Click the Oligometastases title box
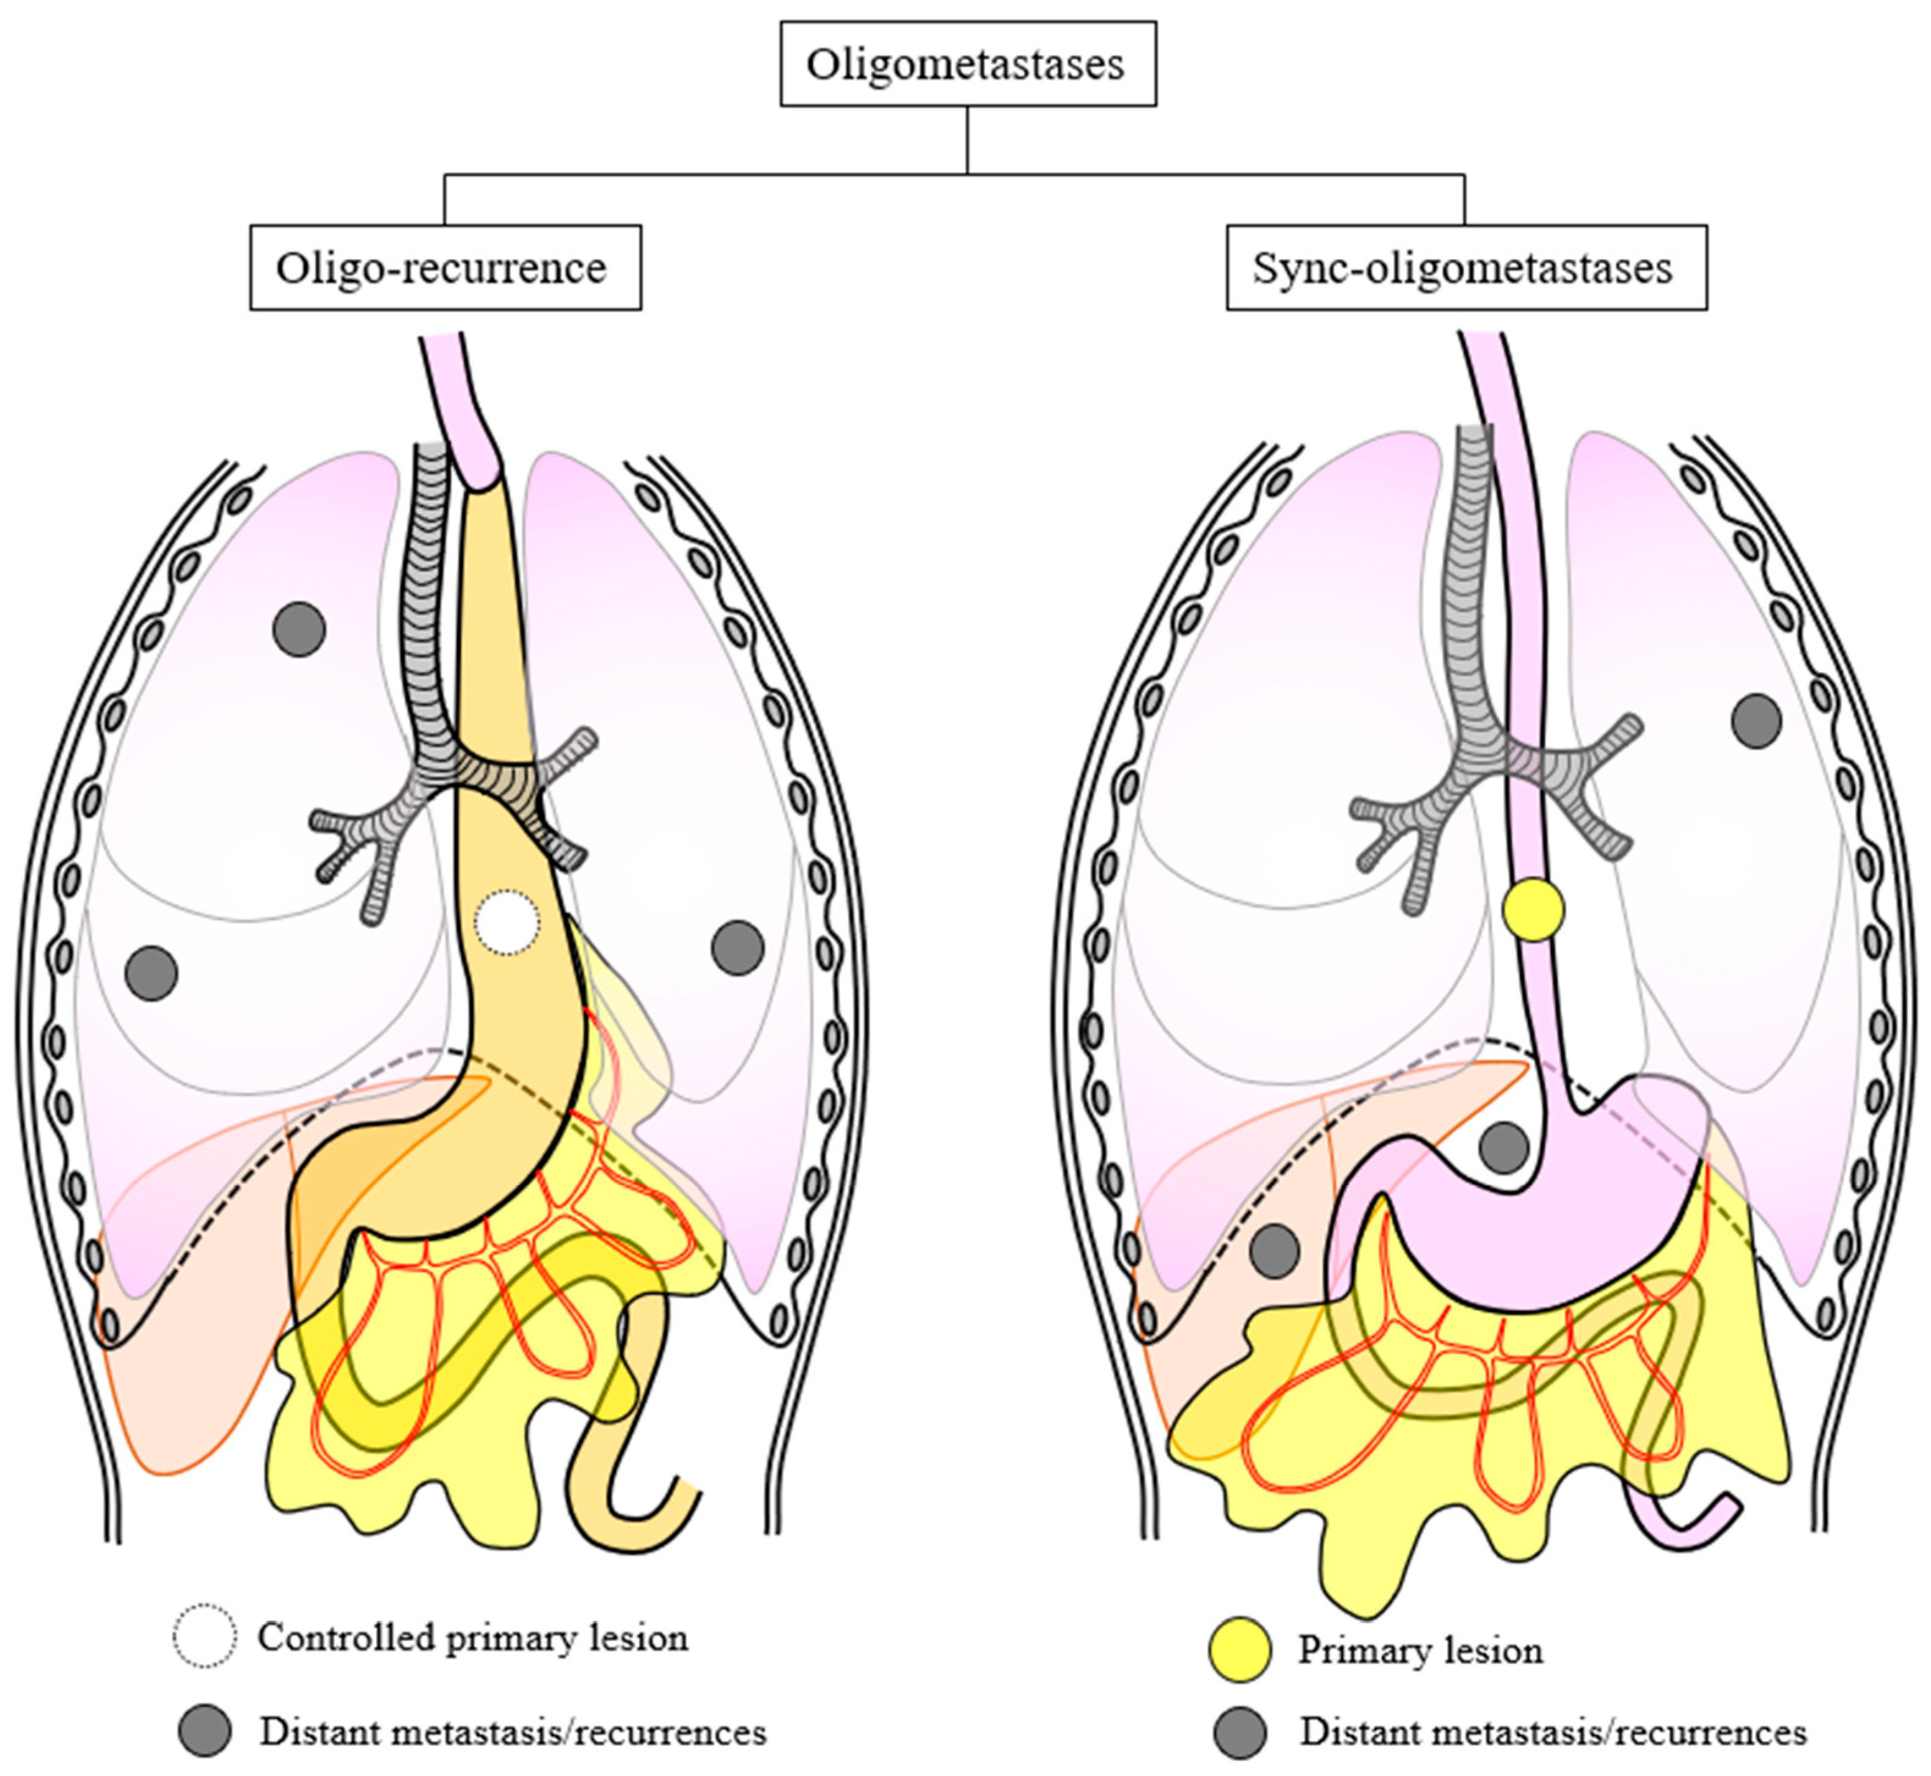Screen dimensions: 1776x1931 (967, 64)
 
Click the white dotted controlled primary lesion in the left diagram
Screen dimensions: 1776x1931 (508, 923)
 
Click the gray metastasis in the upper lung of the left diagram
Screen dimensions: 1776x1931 (299, 629)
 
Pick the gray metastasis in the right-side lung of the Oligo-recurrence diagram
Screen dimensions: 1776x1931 (737, 948)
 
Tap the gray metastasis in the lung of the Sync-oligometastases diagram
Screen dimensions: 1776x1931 (1756, 721)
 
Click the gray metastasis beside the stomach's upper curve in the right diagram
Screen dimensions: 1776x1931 (1503, 1147)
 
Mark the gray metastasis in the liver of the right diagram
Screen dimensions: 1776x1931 (1275, 1251)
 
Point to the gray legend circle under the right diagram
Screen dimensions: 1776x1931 (1240, 1732)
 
